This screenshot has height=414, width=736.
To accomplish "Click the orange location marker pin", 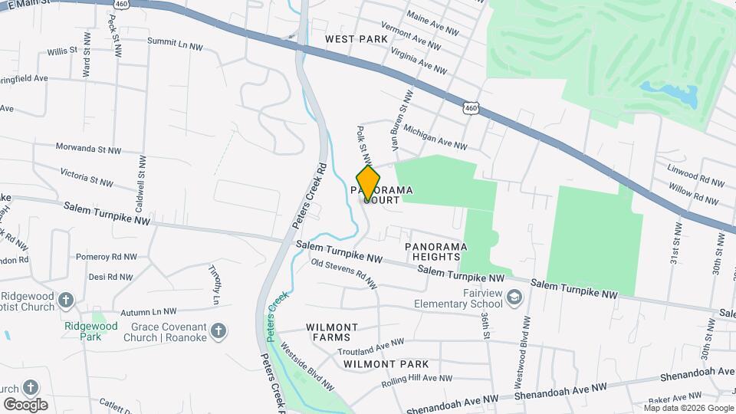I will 368,182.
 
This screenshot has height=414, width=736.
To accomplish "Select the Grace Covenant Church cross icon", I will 219,331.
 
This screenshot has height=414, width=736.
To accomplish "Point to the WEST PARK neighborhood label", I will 356,38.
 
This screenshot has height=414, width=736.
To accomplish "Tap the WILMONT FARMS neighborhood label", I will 332,332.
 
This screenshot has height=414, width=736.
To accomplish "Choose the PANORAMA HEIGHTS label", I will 435,251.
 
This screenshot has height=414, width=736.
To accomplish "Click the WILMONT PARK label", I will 386,363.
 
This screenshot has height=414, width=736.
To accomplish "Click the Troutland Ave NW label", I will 370,347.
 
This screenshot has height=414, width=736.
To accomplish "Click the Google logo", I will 25,404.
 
